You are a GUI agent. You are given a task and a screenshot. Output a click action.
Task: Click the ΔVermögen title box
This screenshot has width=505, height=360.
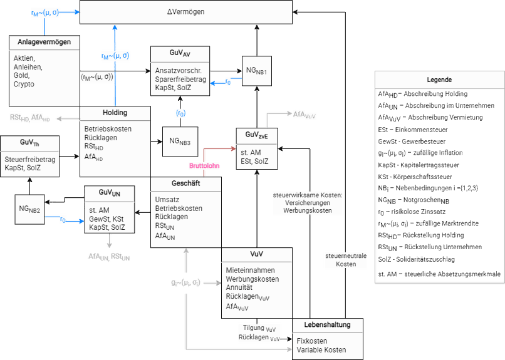tap(185, 12)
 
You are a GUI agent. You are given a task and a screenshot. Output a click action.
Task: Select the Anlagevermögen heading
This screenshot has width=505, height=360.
tap(44, 42)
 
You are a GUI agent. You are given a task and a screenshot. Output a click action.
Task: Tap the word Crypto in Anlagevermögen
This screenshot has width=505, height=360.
tap(24, 84)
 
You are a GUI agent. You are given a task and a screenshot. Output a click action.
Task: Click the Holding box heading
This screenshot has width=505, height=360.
tap(115, 113)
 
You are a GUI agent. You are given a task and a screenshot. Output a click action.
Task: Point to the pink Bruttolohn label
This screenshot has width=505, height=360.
tap(204, 166)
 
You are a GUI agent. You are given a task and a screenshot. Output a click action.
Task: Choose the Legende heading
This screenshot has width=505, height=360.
tap(439, 80)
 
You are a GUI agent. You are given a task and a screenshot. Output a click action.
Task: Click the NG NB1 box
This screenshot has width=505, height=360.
tap(257, 71)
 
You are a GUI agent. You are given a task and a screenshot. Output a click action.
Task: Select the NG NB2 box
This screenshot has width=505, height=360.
tap(29, 210)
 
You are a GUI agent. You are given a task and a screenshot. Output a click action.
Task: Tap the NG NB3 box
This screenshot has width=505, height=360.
tap(179, 142)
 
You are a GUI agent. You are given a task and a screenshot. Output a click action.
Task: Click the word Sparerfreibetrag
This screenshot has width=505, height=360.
tap(180, 80)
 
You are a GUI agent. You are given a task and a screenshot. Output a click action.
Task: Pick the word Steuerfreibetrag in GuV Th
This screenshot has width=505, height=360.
tap(30, 160)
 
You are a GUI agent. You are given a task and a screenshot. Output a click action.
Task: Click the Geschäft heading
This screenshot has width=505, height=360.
tap(185, 184)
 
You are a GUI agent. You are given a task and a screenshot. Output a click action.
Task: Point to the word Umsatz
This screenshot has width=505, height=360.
tap(167, 200)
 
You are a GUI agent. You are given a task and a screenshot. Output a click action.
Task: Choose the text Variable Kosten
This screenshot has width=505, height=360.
tap(321, 349)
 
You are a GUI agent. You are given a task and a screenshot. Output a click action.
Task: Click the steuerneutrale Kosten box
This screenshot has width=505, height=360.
tap(346, 260)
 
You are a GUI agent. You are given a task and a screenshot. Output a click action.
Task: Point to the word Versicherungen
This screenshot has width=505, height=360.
tap(307, 203)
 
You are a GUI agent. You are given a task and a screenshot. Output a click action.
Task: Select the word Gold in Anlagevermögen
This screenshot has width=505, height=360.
tap(21, 75)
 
